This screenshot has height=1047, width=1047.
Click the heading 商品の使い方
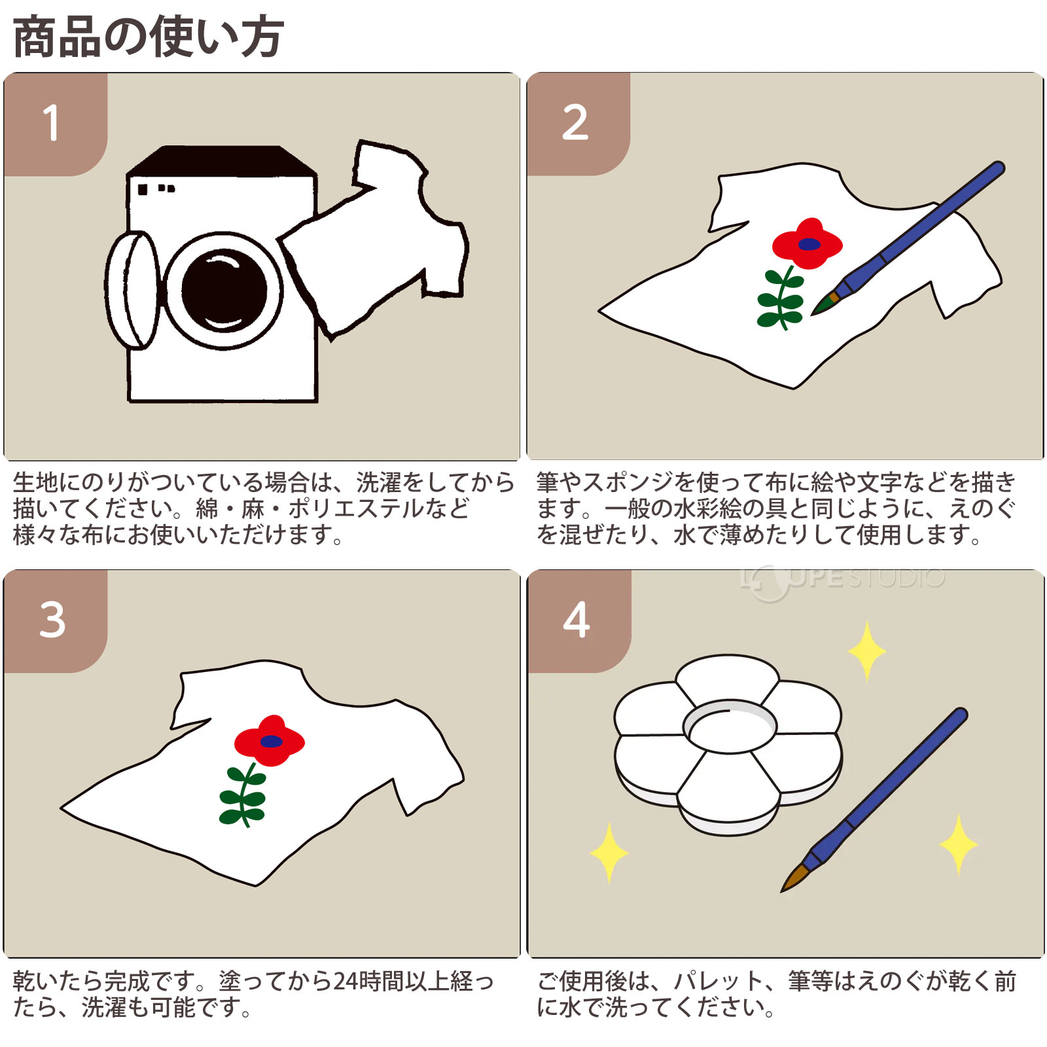tap(148, 37)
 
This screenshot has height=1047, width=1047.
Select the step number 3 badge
tap(52, 620)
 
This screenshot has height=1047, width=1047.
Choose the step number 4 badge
tap(576, 620)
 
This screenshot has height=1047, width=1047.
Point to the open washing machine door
tap(133, 289)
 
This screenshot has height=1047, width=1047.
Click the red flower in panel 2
tap(807, 244)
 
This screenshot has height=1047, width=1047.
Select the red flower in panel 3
tap(269, 741)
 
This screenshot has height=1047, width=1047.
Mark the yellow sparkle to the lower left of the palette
tap(609, 853)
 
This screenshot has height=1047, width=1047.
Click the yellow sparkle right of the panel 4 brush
tap(959, 844)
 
